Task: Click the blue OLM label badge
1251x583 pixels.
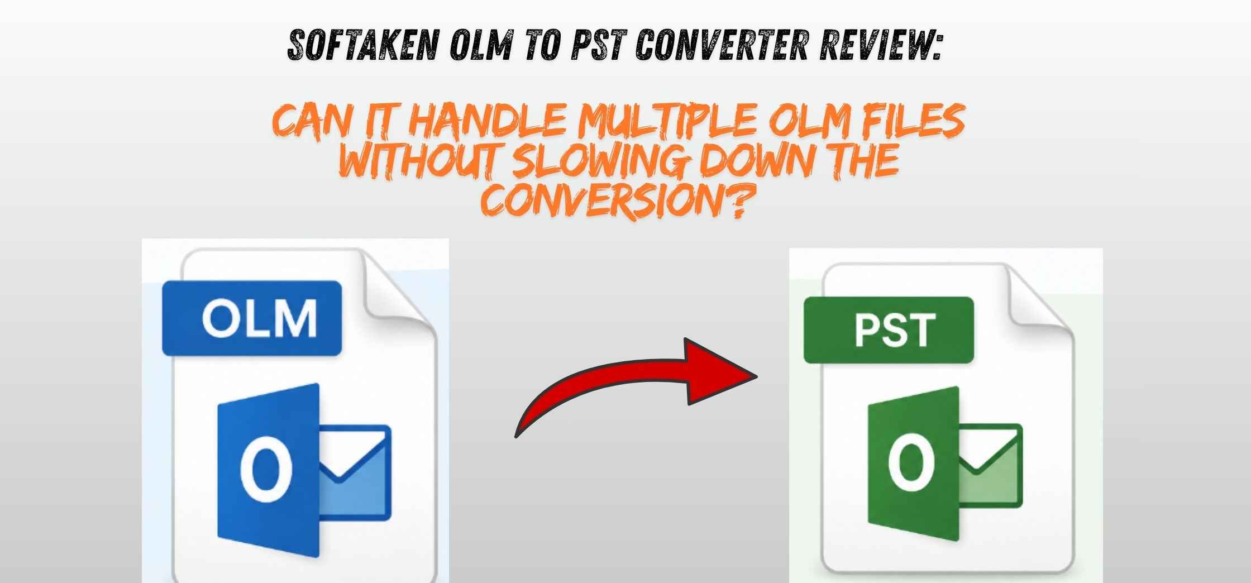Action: click(x=252, y=318)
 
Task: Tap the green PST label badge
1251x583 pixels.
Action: click(x=889, y=330)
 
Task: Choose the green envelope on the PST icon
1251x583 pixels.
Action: click(x=991, y=465)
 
